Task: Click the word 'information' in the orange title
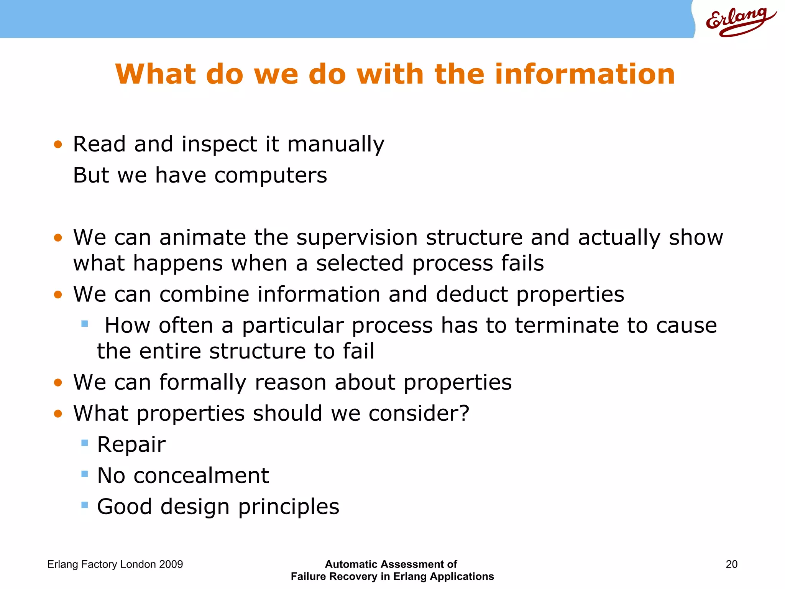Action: (585, 74)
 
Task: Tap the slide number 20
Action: (731, 564)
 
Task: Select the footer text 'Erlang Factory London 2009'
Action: (115, 564)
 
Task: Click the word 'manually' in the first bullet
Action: (335, 145)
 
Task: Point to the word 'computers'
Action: (271, 176)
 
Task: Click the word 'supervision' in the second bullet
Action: (357, 238)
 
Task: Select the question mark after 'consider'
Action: (464, 413)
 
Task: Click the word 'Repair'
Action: (131, 445)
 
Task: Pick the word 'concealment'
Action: (201, 476)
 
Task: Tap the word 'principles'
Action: (288, 507)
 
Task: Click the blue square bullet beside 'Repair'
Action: (85, 443)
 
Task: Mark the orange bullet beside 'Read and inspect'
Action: (58, 145)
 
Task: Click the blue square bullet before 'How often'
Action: (85, 324)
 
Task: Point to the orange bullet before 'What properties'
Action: (58, 414)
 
